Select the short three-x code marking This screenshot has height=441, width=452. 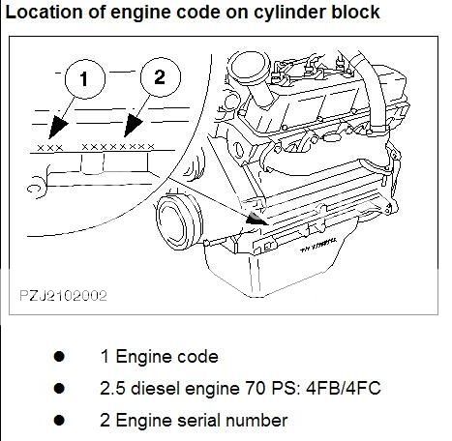49,147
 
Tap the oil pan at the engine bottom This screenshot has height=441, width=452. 290,276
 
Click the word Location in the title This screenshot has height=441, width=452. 41,14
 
